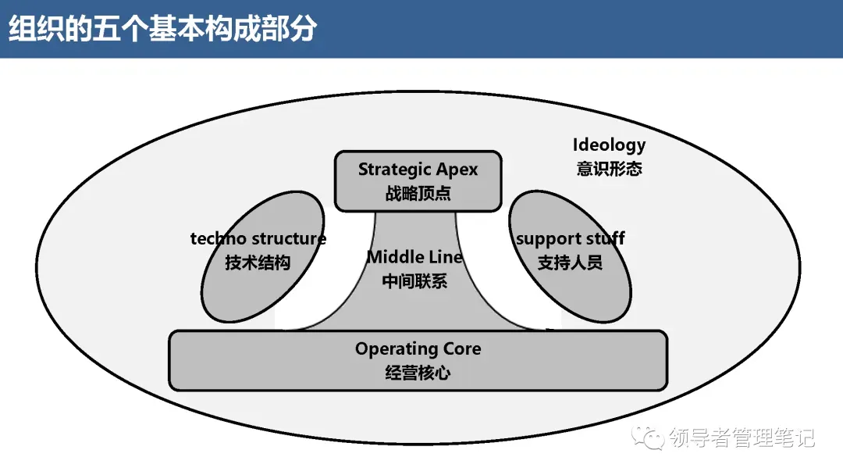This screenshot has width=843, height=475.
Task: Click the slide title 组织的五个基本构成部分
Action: click(x=162, y=28)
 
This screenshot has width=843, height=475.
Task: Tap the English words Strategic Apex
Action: click(x=418, y=170)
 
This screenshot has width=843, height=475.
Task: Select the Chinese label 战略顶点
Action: click(x=418, y=194)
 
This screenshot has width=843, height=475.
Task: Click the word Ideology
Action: click(x=609, y=145)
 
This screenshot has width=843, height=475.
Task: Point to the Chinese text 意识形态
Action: click(x=609, y=169)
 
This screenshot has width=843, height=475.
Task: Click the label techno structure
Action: click(x=258, y=239)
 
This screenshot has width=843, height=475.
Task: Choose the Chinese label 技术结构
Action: click(x=258, y=262)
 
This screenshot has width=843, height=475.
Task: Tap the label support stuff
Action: click(x=570, y=239)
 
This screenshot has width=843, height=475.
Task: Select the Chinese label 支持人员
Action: click(x=570, y=262)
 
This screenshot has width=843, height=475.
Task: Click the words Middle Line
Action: click(x=414, y=257)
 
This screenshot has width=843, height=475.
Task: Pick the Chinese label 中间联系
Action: click(x=414, y=281)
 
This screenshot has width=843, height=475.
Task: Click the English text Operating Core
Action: click(x=418, y=349)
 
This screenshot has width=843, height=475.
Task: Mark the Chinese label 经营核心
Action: click(x=418, y=373)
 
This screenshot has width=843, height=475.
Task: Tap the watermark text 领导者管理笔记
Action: click(x=742, y=438)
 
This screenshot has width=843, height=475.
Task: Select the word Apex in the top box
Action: click(x=457, y=170)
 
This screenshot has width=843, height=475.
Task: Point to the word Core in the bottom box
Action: click(x=462, y=349)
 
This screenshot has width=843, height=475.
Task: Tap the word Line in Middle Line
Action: click(x=446, y=257)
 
